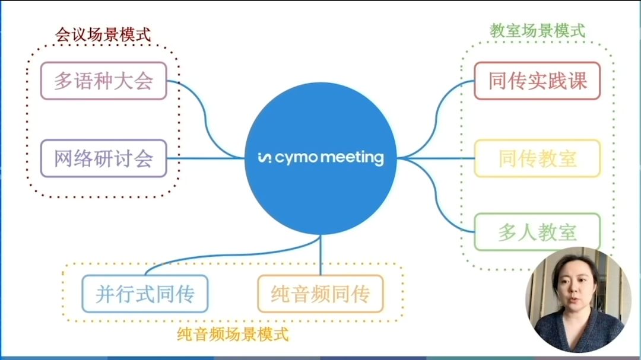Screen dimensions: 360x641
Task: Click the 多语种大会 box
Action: pyautogui.click(x=103, y=81)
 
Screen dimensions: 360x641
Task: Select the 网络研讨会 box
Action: pyautogui.click(x=103, y=158)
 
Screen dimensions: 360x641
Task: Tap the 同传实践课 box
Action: pyautogui.click(x=537, y=81)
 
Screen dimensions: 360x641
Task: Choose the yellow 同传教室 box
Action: pyautogui.click(x=537, y=158)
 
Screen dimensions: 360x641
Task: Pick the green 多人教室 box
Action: pyautogui.click(x=537, y=232)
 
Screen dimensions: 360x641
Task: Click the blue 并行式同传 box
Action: pyautogui.click(x=145, y=294)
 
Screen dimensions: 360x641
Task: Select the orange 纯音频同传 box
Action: pyautogui.click(x=320, y=294)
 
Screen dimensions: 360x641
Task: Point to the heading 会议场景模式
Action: pyautogui.click(x=103, y=34)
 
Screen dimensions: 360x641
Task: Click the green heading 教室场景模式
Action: pyautogui.click(x=537, y=30)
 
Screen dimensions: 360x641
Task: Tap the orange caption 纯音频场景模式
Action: pyautogui.click(x=233, y=334)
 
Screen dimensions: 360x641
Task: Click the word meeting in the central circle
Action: pyautogui.click(x=353, y=158)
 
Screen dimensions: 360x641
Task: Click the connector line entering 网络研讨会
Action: pyautogui.click(x=202, y=158)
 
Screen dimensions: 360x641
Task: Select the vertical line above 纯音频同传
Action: pyautogui.click(x=320, y=255)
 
